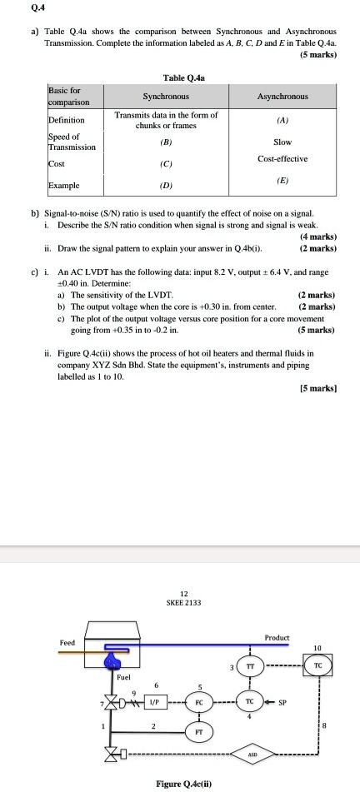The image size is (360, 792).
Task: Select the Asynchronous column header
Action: pyautogui.click(x=282, y=96)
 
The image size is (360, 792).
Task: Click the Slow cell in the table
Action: pyautogui.click(x=282, y=142)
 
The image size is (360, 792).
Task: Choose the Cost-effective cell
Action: pyautogui.click(x=282, y=158)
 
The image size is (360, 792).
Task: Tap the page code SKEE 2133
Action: pyautogui.click(x=180, y=603)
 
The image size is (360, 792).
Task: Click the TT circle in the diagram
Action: pyautogui.click(x=251, y=668)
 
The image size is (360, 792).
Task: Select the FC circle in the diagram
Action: pyautogui.click(x=199, y=701)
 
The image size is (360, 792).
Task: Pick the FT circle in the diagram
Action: pyautogui.click(x=199, y=732)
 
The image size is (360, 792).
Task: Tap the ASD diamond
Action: pyautogui.click(x=251, y=755)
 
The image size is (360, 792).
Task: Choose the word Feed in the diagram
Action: pyautogui.click(x=66, y=643)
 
